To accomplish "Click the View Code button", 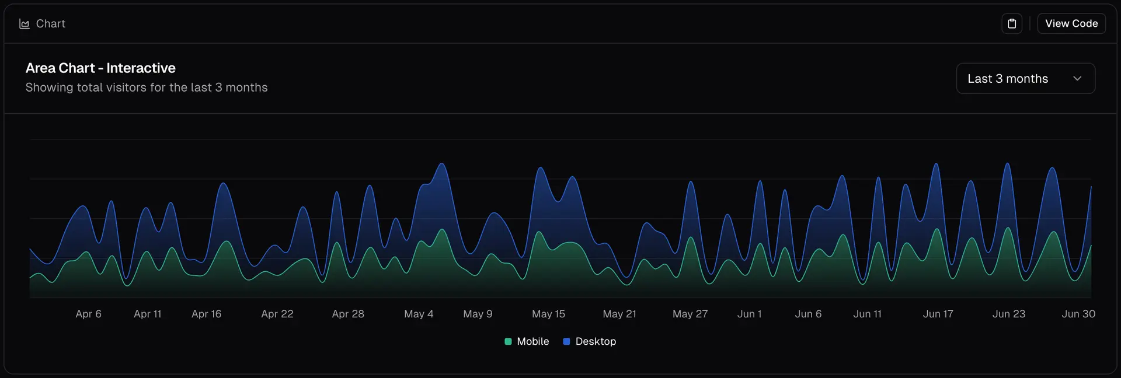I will (x=1071, y=23).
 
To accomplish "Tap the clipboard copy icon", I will (x=1012, y=23).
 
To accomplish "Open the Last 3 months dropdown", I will (x=1025, y=79).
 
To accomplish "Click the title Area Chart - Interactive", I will (x=100, y=68).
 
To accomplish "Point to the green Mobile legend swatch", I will (x=508, y=341).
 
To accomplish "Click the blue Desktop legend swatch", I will (x=566, y=341).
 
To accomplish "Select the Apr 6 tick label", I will (x=88, y=314).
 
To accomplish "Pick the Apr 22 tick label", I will (x=277, y=314).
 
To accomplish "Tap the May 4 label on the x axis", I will (x=419, y=314).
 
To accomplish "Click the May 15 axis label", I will (x=548, y=314).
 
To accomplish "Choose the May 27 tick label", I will (x=690, y=314).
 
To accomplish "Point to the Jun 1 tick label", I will (x=749, y=314).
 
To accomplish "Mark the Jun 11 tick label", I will (x=867, y=314).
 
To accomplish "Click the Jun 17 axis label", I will (x=938, y=314).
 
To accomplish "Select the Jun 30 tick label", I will (x=1078, y=314).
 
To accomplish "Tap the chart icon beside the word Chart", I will (x=25, y=24).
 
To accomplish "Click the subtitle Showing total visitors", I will (x=147, y=87).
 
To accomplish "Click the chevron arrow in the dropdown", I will (x=1077, y=79).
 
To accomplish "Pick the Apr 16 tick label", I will (x=207, y=314).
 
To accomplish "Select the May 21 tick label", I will (x=619, y=314).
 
